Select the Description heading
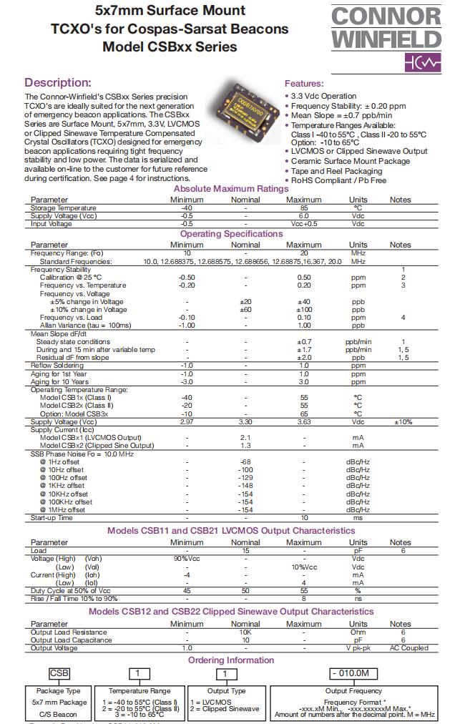58,83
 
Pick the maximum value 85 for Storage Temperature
303,208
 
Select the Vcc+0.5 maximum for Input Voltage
303,224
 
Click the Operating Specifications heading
232,234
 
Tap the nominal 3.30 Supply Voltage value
245,422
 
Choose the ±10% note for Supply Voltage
403,422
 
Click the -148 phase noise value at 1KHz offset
245,486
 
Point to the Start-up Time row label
52,517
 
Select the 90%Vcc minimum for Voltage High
187,558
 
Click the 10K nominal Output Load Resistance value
245,632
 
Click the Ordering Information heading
231,660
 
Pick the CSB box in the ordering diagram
59,674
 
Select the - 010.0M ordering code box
353,674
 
